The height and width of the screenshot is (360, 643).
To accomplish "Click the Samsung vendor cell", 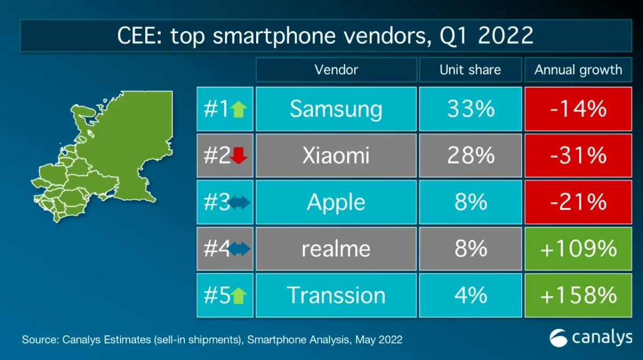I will (336, 109).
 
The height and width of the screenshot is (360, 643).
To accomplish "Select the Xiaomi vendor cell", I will (336, 156).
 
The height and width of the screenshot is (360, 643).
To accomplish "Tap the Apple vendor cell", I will (336, 202).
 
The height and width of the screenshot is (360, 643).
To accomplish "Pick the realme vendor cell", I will (336, 249).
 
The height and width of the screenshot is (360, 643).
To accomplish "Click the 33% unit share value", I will (470, 109).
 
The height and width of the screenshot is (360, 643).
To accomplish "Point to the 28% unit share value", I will (470, 156).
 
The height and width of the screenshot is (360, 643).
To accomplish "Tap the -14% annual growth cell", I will (578, 109).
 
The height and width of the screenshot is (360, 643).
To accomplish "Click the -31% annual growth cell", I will (578, 156).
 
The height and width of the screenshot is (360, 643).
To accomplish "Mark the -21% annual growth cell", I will (578, 202).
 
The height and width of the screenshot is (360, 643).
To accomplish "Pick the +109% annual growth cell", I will (578, 249).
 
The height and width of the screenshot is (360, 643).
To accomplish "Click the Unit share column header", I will (470, 70).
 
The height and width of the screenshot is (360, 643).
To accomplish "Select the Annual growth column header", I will (578, 70).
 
